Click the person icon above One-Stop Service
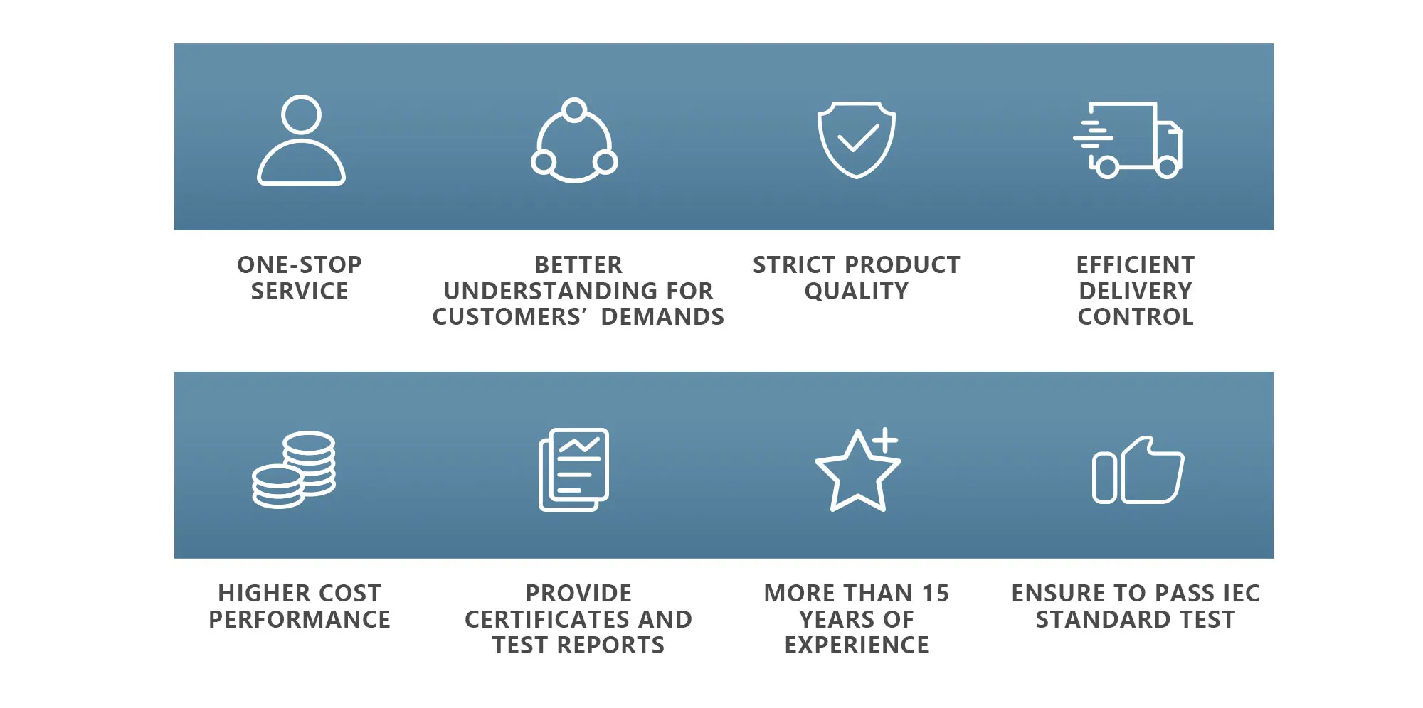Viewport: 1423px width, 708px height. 301,141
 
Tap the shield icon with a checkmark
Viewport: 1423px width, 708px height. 856,139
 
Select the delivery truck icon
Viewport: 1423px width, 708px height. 1128,140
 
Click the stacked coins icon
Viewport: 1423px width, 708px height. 294,469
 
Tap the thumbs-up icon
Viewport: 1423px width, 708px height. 1138,471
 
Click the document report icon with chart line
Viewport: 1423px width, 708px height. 573,469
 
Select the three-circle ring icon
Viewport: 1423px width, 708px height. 574,141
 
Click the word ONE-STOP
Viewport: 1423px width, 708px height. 300,264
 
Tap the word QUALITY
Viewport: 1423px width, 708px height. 857,291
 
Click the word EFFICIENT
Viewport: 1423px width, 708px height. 1136,264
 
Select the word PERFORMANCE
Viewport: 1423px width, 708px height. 300,619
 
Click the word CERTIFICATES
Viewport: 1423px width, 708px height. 549,619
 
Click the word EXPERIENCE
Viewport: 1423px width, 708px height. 857,645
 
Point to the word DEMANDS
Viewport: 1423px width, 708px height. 662,316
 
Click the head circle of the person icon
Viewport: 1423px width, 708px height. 301,114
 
